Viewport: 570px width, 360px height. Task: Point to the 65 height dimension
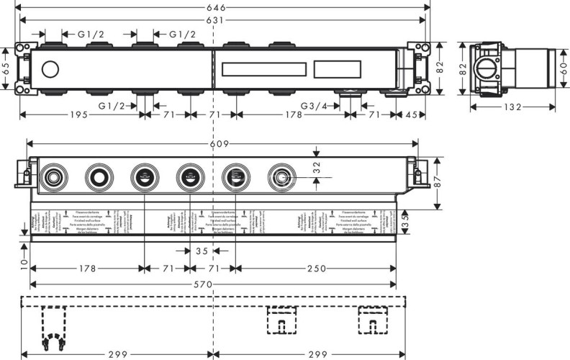click(x=6, y=70)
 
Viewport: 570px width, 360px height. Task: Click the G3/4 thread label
click(x=315, y=106)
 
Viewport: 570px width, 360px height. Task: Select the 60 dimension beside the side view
click(x=564, y=70)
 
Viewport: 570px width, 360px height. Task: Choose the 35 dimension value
click(x=203, y=251)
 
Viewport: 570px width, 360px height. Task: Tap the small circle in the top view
click(x=50, y=71)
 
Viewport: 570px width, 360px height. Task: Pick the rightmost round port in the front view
click(x=279, y=175)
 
